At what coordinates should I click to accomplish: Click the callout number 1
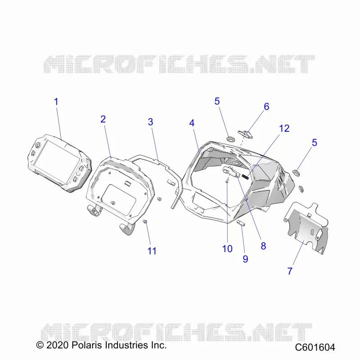(x=56, y=102)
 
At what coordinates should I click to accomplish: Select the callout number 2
(x=103, y=119)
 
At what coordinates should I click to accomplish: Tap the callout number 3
(x=150, y=122)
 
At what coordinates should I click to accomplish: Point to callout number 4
(x=192, y=123)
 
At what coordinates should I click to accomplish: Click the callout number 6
(x=266, y=107)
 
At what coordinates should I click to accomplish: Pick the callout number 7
(x=290, y=271)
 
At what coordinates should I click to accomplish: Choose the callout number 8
(x=263, y=246)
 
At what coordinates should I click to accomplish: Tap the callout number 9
(x=245, y=259)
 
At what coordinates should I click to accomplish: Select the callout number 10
(x=227, y=249)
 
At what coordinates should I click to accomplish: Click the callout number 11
(x=152, y=251)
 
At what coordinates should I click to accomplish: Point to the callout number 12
(x=284, y=129)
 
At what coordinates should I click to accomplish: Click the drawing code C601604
(x=315, y=347)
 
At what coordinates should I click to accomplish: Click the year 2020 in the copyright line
(x=58, y=345)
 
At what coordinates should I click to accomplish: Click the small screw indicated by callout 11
(x=145, y=221)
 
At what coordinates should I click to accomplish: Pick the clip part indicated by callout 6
(x=245, y=134)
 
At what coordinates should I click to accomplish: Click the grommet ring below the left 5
(x=230, y=139)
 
